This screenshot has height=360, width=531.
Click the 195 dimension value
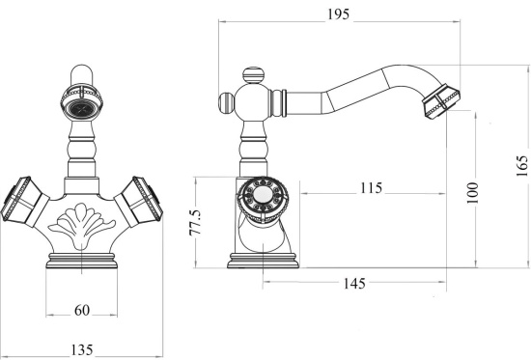click(x=338, y=14)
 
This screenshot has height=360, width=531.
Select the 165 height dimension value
click(x=522, y=166)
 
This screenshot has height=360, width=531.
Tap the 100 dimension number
click(x=472, y=193)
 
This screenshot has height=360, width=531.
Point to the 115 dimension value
click(x=371, y=187)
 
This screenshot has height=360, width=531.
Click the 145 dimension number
click(x=354, y=283)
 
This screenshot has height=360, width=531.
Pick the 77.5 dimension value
click(x=195, y=223)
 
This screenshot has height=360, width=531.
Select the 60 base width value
click(x=82, y=310)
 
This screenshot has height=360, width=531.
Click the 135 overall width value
click(x=82, y=349)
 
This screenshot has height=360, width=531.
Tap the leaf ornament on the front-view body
click(x=81, y=225)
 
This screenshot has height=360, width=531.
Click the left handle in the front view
click(x=24, y=202)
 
